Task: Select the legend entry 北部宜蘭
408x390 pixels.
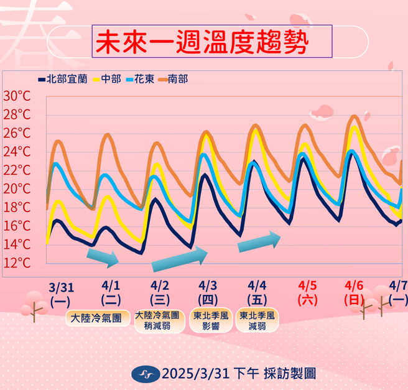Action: click(62, 79)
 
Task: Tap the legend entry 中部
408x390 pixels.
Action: click(108, 79)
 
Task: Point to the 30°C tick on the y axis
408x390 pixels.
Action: click(17, 96)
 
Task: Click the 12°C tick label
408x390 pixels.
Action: click(17, 262)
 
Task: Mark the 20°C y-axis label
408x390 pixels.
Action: click(17, 188)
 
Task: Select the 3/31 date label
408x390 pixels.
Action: click(61, 287)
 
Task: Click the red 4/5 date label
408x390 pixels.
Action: click(307, 286)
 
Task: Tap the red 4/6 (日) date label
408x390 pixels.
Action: click(354, 292)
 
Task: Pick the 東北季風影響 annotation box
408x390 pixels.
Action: click(210, 321)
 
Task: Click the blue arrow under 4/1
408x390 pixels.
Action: click(103, 258)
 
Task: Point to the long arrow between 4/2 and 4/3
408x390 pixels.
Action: click(180, 259)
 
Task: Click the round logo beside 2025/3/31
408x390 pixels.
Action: click(146, 373)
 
